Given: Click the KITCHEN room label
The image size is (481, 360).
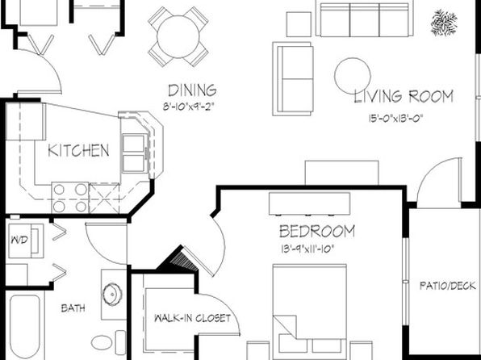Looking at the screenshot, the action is click(78, 150).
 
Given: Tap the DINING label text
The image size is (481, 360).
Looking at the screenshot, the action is click(192, 90).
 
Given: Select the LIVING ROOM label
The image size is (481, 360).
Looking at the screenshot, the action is click(404, 96).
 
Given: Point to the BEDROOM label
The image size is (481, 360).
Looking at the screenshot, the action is click(317, 232).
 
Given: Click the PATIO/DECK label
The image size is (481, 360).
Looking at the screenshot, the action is click(448, 286).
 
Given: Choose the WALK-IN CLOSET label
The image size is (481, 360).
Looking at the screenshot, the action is click(192, 318).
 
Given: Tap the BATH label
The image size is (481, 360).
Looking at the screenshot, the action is click(73, 308).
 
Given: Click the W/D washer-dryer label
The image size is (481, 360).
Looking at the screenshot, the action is click(19, 240).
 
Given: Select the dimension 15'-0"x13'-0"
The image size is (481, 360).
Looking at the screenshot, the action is click(395, 119).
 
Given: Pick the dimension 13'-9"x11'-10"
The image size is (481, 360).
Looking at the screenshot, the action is click(307, 249).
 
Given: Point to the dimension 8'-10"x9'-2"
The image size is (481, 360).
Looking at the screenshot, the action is click(188, 107).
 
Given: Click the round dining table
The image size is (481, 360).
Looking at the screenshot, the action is click(178, 37).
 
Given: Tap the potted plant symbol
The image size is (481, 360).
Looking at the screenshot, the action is click(444, 23).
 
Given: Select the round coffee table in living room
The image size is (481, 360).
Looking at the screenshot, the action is click(353, 76).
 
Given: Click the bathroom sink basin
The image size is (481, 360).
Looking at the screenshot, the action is click(112, 294).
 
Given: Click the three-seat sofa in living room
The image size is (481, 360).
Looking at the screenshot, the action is click(365, 19).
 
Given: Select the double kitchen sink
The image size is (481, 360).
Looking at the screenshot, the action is click(134, 153).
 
